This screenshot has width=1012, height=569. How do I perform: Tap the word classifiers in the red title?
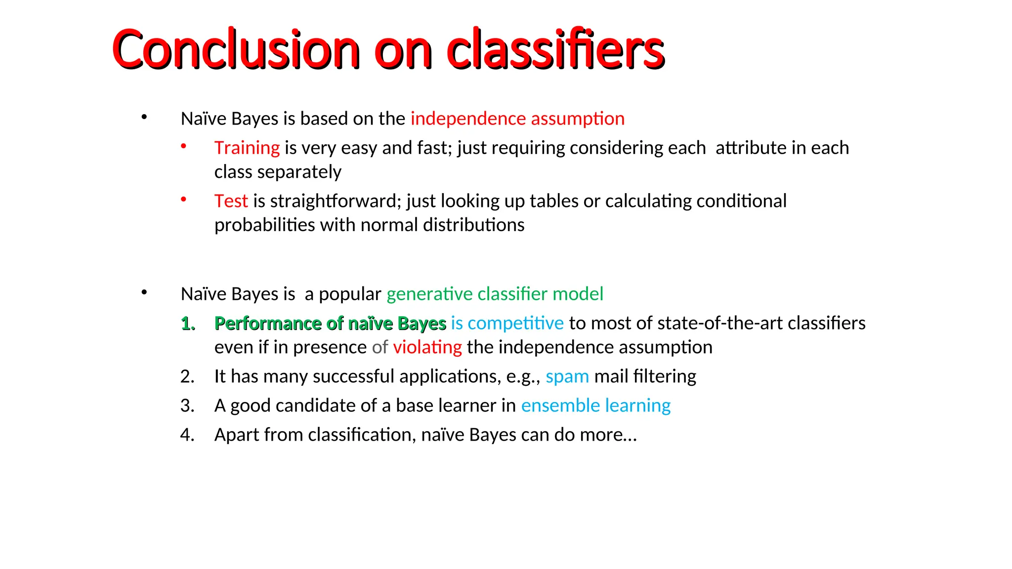[555, 49]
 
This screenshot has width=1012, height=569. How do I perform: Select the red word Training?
[247, 148]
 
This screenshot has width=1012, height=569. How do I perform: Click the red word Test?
[231, 201]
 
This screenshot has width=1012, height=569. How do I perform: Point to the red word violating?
[427, 347]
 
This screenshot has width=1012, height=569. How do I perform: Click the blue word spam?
[567, 377]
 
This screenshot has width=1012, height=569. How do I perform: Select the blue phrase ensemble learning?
[596, 406]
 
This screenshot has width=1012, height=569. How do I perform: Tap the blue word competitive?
[515, 323]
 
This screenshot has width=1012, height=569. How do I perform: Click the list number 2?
[187, 377]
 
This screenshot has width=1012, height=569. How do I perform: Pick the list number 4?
[187, 435]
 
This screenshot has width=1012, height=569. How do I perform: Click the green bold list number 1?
[188, 324]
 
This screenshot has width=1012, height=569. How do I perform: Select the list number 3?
[187, 406]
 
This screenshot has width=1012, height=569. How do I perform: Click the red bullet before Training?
[183, 146]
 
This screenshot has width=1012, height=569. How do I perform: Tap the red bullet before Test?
[183, 200]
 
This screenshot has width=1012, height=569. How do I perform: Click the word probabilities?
[264, 225]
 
